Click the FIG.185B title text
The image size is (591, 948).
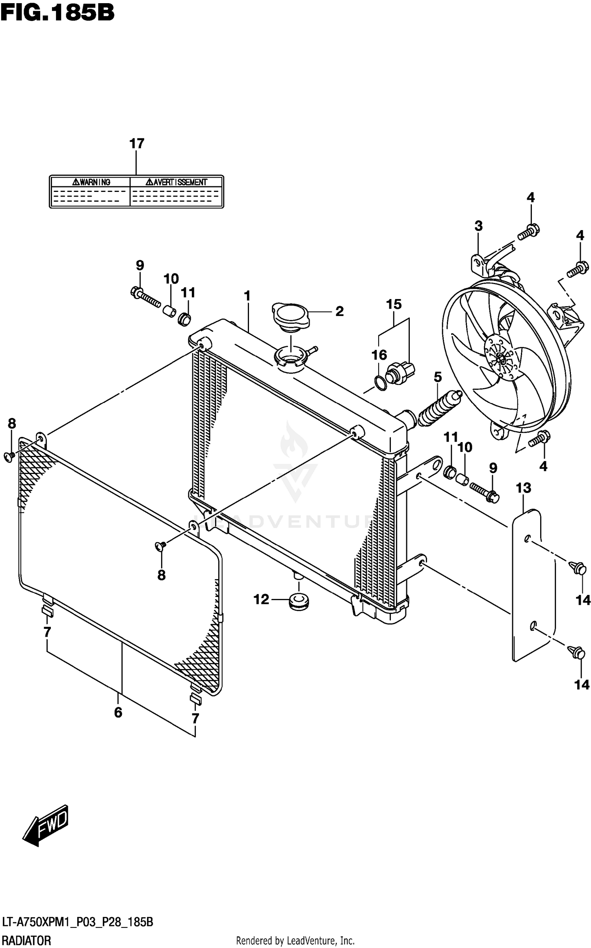[58, 13]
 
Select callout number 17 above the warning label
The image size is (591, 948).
[137, 143]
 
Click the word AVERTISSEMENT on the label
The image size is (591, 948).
[180, 182]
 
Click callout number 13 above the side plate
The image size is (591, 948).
[523, 488]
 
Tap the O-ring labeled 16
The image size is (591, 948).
[380, 383]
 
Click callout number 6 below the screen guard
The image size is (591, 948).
[118, 712]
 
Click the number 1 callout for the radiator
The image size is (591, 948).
[247, 296]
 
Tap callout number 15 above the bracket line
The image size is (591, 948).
[394, 304]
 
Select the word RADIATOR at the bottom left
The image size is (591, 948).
[26, 941]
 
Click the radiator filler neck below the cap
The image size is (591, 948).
[290, 357]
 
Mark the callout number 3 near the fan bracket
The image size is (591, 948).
[478, 226]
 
